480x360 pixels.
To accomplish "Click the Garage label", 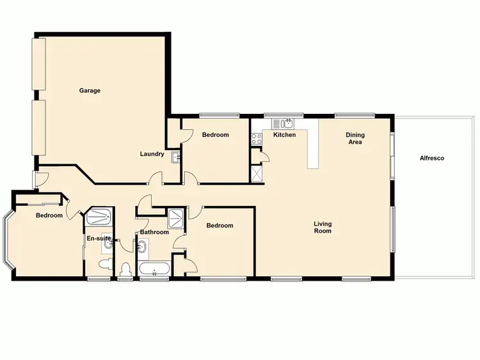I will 90,91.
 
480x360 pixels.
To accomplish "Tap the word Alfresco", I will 431,158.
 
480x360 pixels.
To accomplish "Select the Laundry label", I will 152,154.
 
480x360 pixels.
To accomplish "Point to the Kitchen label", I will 284,136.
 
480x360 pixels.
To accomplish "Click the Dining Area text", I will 355,138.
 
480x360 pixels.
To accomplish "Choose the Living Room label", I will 323,227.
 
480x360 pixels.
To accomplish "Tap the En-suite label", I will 99,239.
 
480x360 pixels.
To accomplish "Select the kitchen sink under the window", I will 285,123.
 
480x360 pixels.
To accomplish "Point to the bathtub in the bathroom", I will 154,269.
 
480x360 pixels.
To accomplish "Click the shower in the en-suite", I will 99,217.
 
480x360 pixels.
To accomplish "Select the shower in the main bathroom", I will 175,219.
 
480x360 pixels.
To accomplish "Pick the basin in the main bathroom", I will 142,246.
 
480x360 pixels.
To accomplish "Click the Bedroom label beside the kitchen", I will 215,135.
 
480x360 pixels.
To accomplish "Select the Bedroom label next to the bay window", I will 49,215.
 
